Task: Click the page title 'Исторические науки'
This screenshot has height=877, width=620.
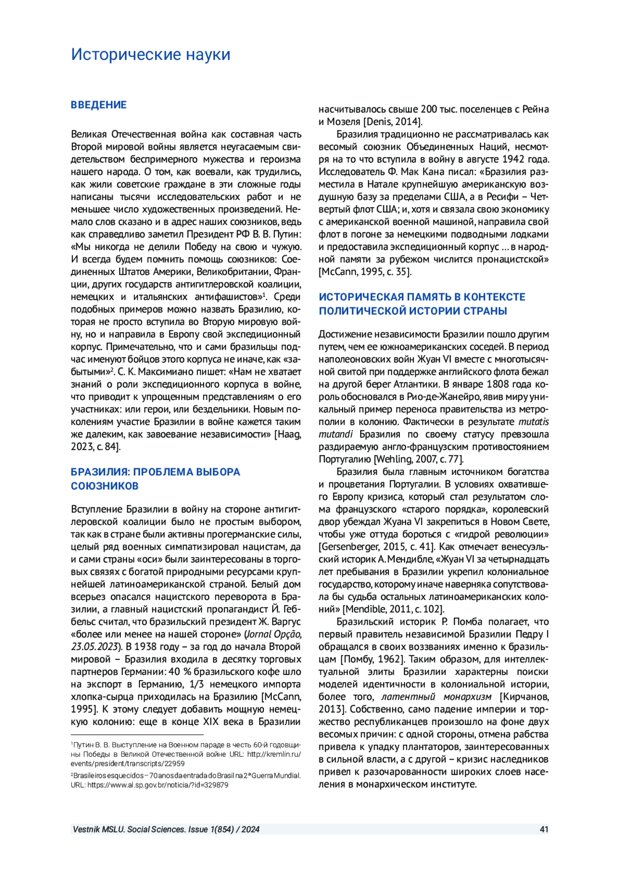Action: click(x=150, y=54)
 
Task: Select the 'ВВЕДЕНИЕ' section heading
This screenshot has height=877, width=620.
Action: click(x=99, y=105)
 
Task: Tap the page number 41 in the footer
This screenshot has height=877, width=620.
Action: click(x=544, y=829)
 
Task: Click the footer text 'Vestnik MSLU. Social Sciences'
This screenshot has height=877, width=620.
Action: click(x=129, y=829)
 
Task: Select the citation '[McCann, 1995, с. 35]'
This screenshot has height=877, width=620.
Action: click(x=365, y=272)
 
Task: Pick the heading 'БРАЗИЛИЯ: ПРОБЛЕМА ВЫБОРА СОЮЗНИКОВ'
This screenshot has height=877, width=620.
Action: click(x=155, y=479)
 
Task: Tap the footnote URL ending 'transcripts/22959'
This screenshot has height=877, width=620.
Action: click(x=128, y=763)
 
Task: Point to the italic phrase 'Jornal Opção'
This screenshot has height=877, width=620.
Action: click(x=273, y=634)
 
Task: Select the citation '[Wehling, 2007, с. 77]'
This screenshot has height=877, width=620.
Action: click(x=419, y=459)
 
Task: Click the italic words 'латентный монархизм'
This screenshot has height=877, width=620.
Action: click(x=437, y=697)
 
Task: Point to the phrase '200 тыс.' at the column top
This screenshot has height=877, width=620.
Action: click(x=438, y=110)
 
